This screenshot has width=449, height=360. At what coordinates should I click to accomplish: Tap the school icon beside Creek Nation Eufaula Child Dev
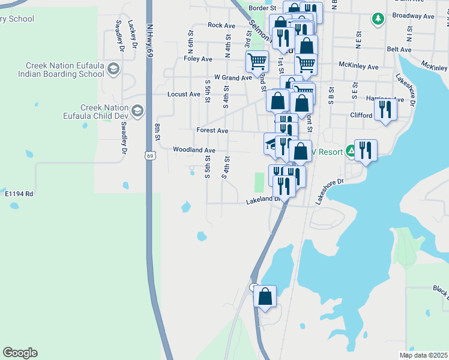point(138,111)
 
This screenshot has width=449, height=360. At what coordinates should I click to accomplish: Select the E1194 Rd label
point(19,194)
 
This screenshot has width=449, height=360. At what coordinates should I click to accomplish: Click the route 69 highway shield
point(149,155)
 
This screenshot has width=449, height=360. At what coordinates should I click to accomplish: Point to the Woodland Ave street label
point(193,149)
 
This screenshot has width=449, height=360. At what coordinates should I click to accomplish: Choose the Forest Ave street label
point(212,130)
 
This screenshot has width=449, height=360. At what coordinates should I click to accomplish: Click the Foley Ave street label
point(198,59)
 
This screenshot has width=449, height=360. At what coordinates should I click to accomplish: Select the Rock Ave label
point(221,25)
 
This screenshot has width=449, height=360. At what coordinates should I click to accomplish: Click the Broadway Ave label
point(412,16)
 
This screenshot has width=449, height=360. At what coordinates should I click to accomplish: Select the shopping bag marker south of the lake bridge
point(265,296)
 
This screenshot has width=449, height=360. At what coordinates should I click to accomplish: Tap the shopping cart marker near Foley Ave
point(257,61)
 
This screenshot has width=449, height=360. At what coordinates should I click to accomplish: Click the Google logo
point(20,353)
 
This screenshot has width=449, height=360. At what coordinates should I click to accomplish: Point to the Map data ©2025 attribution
point(423,355)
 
